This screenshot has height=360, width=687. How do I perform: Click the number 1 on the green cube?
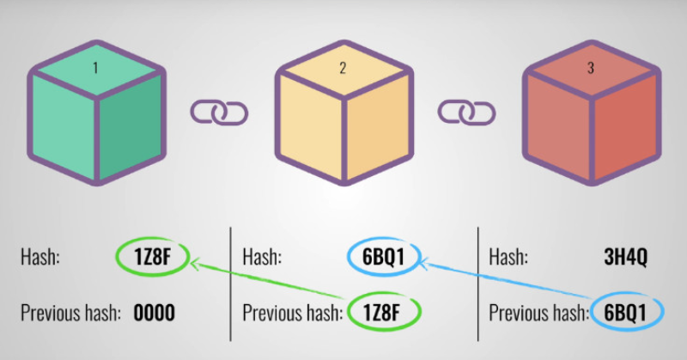(x=95, y=68)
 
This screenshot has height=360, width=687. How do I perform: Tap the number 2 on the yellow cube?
(x=343, y=68)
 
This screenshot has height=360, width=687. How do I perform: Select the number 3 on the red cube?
(x=591, y=68)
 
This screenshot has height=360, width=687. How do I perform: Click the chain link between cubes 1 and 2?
(x=219, y=113)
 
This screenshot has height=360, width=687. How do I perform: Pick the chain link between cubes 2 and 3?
(x=466, y=113)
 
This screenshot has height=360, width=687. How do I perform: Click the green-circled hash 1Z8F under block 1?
(x=153, y=257)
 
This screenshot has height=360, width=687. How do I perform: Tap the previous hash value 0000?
(x=155, y=313)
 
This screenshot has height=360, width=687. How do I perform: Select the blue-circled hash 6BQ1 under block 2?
(x=383, y=257)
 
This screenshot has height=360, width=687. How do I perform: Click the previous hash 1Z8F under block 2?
(x=381, y=312)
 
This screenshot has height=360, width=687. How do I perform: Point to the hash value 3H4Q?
(x=626, y=257)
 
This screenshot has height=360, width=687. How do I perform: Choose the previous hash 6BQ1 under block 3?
(x=625, y=313)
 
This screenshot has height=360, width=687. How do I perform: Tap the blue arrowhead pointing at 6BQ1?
(x=425, y=263)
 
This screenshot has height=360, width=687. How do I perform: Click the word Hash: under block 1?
(x=40, y=257)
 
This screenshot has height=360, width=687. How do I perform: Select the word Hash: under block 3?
(x=508, y=257)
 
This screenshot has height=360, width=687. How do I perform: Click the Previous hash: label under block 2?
(x=293, y=313)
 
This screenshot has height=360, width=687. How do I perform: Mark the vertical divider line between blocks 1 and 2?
(x=230, y=284)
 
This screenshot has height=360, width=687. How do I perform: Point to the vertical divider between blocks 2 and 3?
(x=478, y=284)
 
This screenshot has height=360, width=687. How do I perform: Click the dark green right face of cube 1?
(x=131, y=127)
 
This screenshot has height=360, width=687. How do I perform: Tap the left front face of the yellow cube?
(x=310, y=127)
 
